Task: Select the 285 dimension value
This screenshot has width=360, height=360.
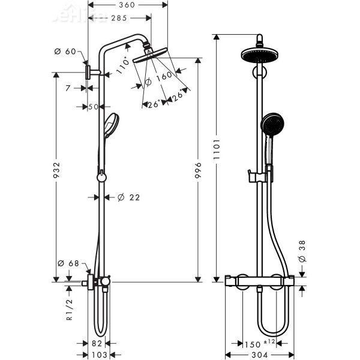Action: (x=118, y=18)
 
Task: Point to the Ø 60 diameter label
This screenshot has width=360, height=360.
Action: (x=69, y=52)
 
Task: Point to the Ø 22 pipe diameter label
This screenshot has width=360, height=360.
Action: (x=124, y=197)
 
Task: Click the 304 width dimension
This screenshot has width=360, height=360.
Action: (x=259, y=355)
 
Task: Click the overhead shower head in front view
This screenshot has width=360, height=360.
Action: (x=259, y=56)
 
